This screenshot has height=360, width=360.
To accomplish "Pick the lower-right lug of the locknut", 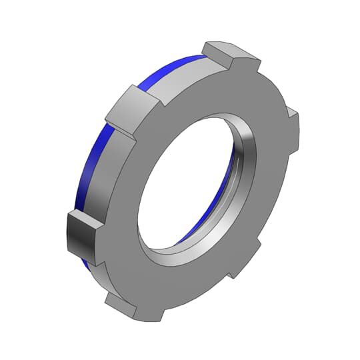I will (237, 263).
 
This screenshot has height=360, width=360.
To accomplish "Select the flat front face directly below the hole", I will (167, 280).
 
